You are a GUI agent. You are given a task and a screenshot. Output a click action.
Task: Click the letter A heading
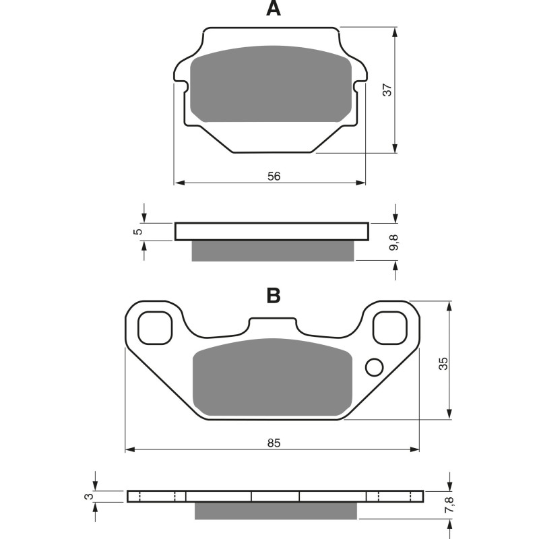[273, 9]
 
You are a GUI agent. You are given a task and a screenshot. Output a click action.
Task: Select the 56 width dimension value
[274, 177]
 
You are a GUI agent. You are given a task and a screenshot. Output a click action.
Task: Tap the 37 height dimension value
[387, 90]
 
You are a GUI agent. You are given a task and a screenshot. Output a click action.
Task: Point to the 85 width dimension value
[273, 443]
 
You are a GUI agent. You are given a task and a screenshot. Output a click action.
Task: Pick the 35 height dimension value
[443, 364]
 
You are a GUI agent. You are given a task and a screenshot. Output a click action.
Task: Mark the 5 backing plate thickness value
[139, 232]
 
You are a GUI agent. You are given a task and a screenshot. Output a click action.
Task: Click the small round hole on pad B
[373, 367]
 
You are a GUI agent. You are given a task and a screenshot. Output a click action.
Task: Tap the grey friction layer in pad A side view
[272, 251]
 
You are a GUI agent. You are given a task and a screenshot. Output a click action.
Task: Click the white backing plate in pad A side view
[272, 232]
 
